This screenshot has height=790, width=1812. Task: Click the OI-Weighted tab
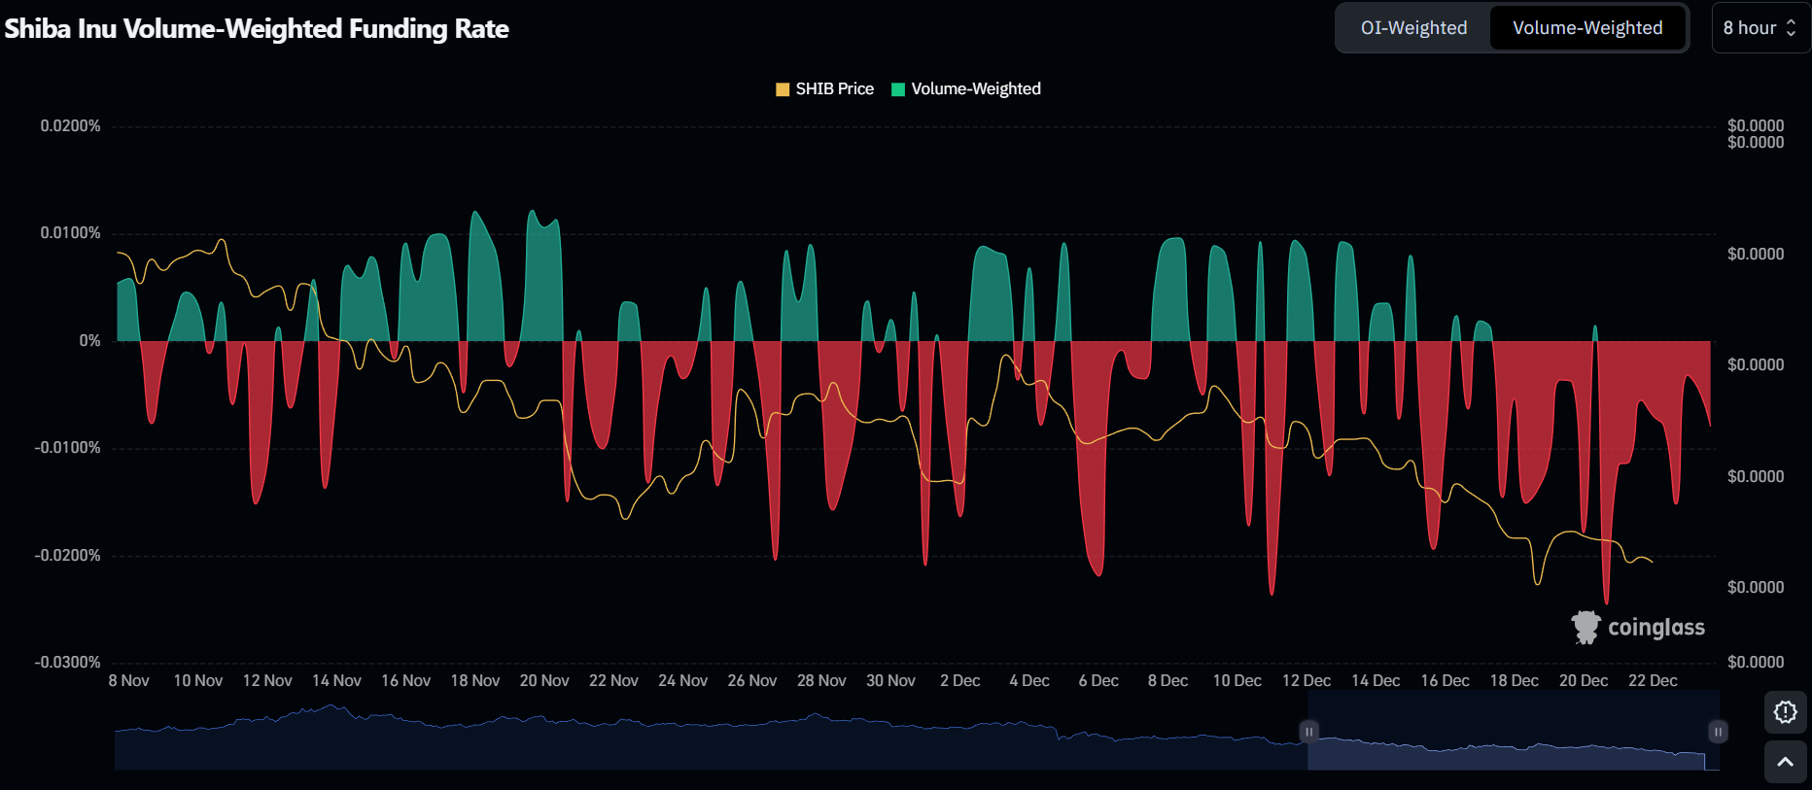[x=1413, y=28]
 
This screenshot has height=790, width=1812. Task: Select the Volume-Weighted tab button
[x=1586, y=28]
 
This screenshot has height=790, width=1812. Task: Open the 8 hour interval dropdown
[x=1760, y=28]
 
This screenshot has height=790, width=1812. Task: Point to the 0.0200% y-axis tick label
[x=70, y=126]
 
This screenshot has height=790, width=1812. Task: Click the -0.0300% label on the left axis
[x=68, y=663]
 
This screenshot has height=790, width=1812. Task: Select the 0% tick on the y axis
[x=89, y=341]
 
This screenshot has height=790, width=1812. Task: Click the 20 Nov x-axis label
[x=544, y=681]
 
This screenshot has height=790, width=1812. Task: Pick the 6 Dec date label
[x=1098, y=681]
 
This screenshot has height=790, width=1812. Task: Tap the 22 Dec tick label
[x=1653, y=681]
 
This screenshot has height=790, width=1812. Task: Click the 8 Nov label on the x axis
[x=129, y=681]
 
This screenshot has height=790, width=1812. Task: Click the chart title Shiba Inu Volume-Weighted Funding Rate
[x=257, y=29]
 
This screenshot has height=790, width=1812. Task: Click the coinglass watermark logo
[x=1639, y=628]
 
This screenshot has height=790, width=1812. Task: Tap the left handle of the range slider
[x=1308, y=732]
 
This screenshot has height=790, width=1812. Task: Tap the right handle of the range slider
[x=1718, y=732]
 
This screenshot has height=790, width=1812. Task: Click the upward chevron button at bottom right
[x=1785, y=763]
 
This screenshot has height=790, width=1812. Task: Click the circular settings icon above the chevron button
[x=1785, y=712]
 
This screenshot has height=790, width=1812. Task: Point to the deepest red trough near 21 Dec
[x=1606, y=601]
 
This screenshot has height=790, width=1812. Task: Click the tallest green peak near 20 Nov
[x=532, y=212]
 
